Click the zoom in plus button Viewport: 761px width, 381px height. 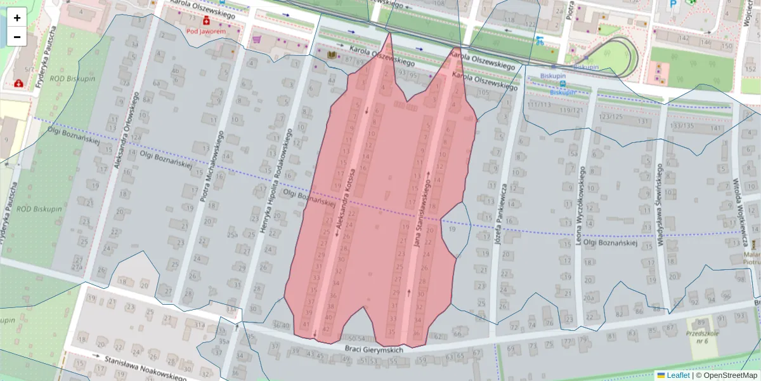(17, 18)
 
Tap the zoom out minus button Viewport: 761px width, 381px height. (17, 37)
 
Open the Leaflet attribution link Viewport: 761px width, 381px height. (677, 375)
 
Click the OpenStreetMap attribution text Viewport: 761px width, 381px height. (730, 375)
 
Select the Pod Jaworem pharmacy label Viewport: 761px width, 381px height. (205, 30)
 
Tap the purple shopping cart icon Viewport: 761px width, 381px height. (256, 39)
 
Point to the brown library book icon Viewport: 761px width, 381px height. (330, 56)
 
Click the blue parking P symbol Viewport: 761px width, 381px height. (673, 4)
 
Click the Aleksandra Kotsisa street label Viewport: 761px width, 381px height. (346, 202)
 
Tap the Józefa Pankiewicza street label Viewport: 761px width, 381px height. (500, 214)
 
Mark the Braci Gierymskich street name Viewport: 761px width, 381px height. (374, 350)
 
